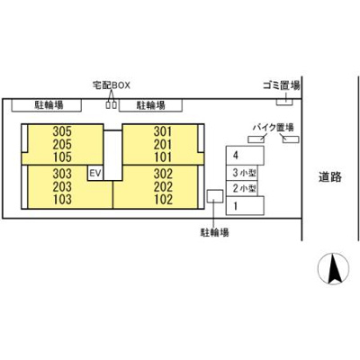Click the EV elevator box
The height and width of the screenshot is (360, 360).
95,173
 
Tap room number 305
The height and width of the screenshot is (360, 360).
62,131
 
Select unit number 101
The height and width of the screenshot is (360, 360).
163,157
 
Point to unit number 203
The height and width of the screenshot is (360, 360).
62,186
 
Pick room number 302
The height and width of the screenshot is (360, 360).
163,174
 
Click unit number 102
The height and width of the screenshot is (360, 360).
163,200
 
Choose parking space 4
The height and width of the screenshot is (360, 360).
245,156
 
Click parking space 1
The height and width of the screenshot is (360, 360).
245,205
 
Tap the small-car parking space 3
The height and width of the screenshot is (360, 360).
242,173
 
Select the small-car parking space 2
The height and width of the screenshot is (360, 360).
242,188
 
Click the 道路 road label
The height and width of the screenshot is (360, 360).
330,177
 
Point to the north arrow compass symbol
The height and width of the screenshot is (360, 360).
334,268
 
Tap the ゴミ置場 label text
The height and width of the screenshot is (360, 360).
282,86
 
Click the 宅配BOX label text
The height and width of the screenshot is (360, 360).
112,85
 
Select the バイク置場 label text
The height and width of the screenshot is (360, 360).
273,128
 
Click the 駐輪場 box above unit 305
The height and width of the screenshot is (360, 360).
47,105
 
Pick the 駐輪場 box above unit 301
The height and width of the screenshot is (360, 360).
150,105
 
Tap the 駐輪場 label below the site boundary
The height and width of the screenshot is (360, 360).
214,232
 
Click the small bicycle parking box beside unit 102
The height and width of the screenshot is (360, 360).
215,196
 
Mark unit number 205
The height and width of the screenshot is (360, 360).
62,145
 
